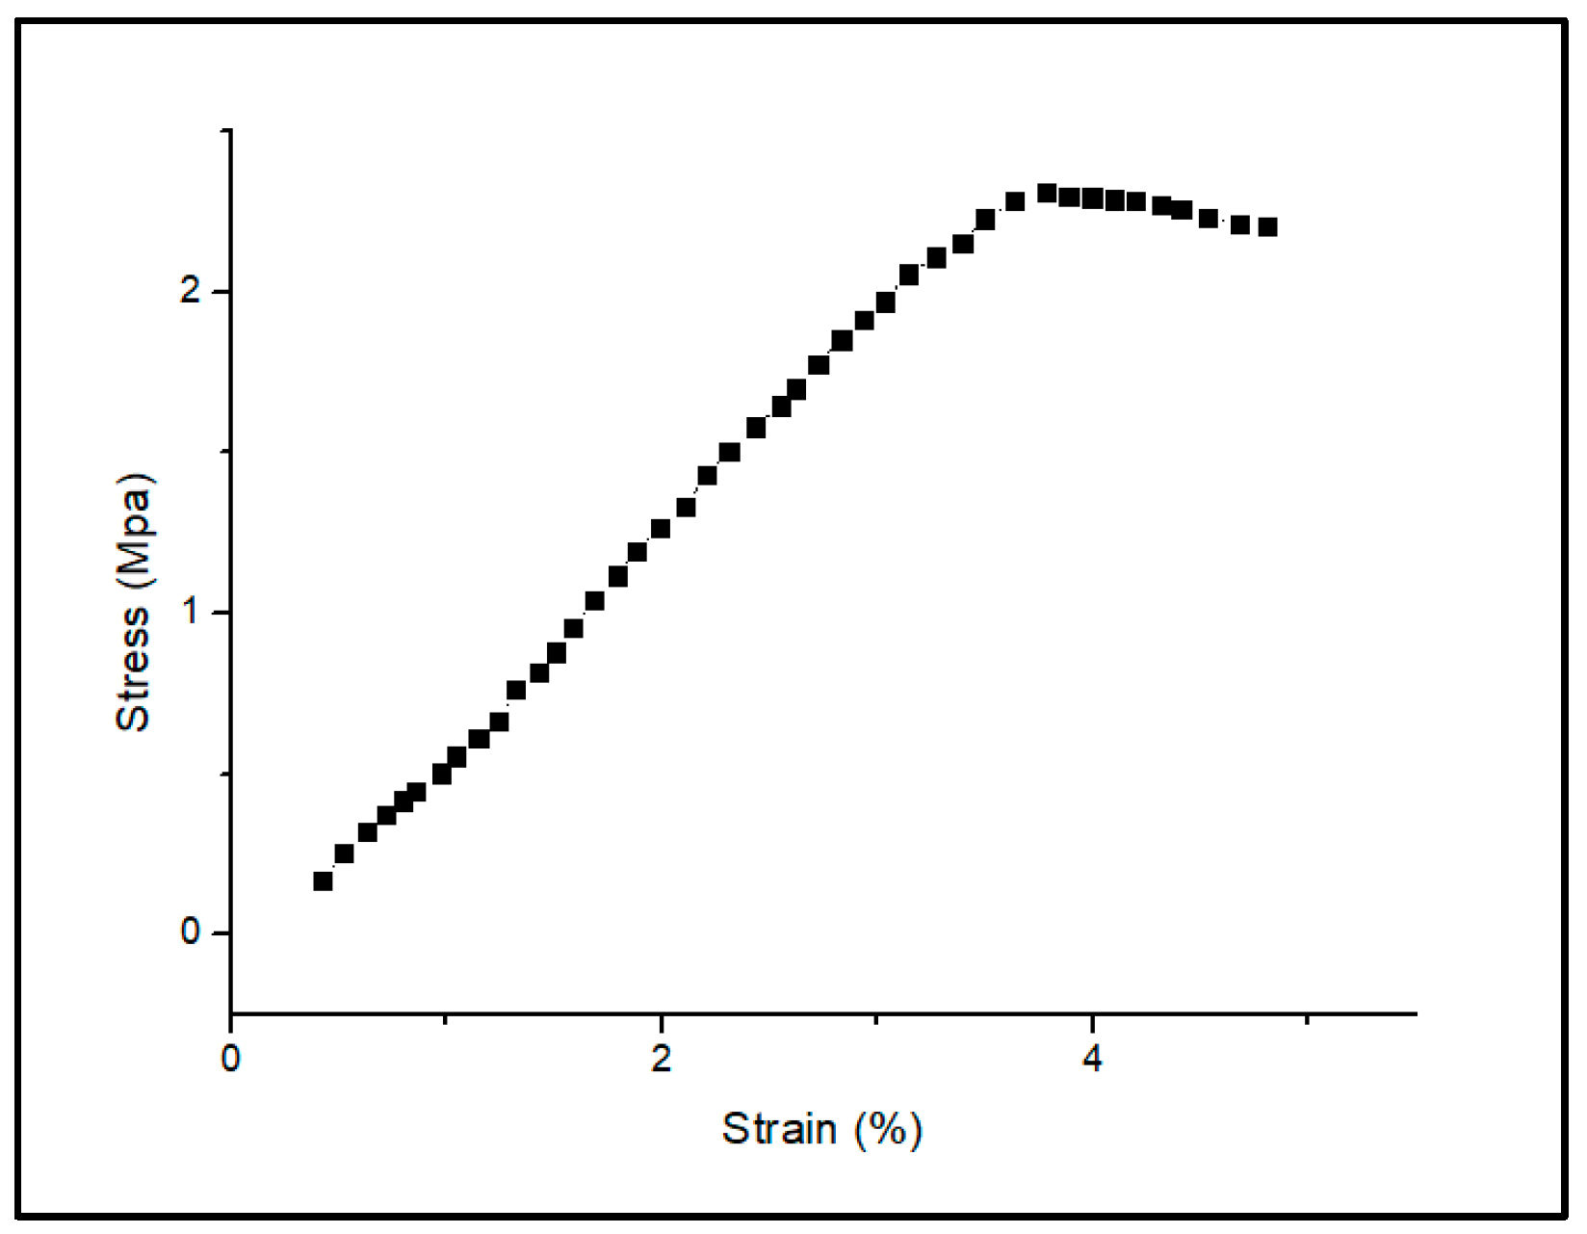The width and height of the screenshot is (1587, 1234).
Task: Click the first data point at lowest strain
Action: click(323, 880)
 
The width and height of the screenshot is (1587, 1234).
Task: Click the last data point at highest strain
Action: click(1267, 227)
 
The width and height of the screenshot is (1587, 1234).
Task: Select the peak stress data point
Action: click(1047, 193)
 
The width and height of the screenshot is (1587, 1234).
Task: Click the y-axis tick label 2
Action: click(191, 292)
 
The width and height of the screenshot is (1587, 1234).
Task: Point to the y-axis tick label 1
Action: click(191, 613)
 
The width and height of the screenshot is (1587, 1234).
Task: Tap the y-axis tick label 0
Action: click(191, 933)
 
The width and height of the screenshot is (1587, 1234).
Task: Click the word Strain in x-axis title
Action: click(779, 1129)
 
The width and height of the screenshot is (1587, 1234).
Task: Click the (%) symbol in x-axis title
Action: click(887, 1129)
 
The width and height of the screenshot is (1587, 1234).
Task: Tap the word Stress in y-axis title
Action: click(133, 668)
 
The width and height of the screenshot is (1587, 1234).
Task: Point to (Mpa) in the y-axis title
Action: click(133, 531)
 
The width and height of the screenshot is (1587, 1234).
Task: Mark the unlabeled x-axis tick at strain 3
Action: click(876, 1019)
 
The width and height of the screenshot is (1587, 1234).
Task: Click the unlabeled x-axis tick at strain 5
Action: click(1307, 1019)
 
